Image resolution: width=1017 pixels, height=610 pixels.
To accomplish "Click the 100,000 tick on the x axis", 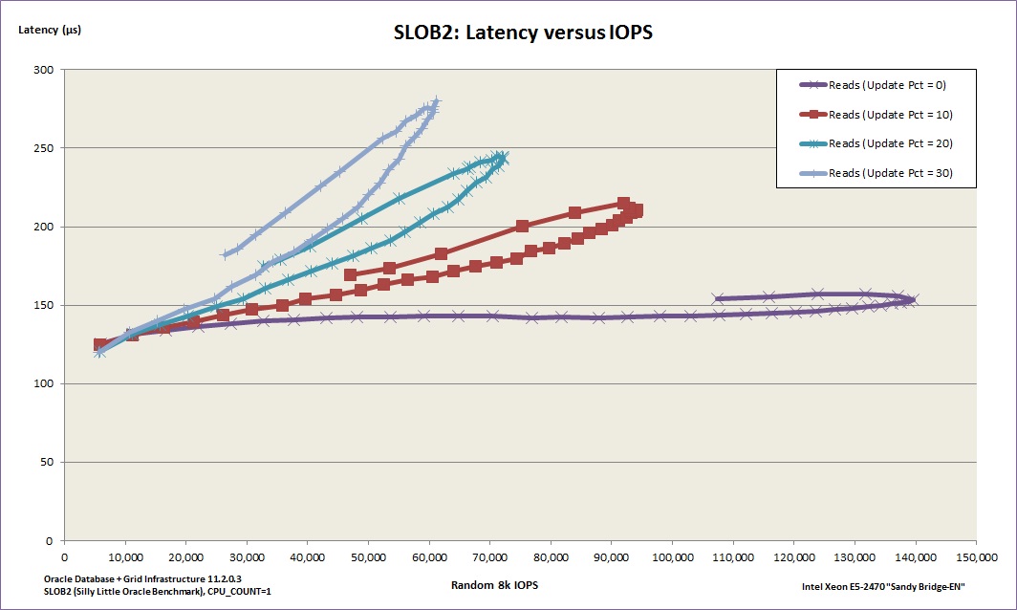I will coord(672,556).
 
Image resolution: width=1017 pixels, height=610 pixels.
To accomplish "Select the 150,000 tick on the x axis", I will coord(976,556).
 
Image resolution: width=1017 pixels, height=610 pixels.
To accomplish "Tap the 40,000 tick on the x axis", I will coord(307,556).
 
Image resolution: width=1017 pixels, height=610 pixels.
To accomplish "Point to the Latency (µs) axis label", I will coord(50,30).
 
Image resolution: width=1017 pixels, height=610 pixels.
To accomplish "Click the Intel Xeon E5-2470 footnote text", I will coord(883,586).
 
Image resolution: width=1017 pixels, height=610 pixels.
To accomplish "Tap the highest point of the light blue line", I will coord(436,101).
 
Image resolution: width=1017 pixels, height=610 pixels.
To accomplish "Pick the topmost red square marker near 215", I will coord(624,203).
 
